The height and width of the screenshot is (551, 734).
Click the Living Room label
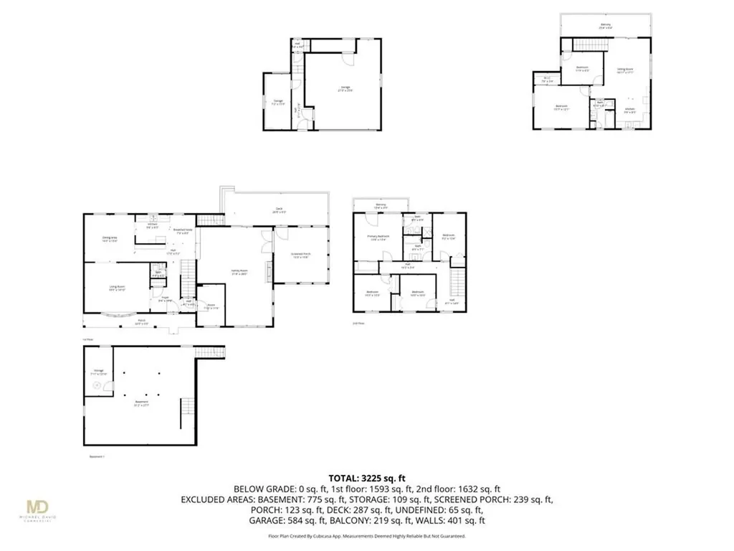coord(118,288)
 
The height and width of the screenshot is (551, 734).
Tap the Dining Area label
coord(110,240)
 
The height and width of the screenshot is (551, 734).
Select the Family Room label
coord(239,273)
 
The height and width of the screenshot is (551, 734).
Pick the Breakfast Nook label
coord(181,231)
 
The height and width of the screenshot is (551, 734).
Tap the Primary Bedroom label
coord(378,239)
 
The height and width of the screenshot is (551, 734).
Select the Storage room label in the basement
coord(99,372)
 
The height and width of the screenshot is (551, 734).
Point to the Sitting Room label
coord(625,70)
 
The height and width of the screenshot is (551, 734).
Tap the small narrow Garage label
coord(277,103)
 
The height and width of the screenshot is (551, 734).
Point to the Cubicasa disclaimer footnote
coord(366,536)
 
